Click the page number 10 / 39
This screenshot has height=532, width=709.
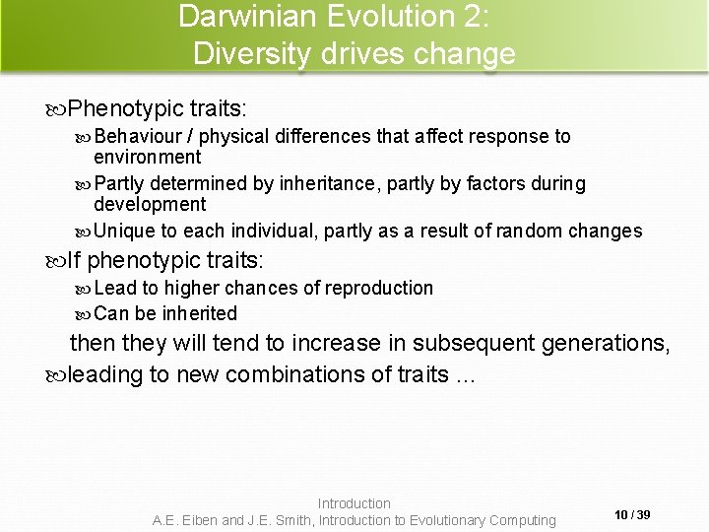coord(631,514)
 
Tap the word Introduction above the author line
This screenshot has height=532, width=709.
coord(354,503)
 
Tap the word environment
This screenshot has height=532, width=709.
coord(147,157)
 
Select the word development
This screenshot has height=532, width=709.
coord(150,205)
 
